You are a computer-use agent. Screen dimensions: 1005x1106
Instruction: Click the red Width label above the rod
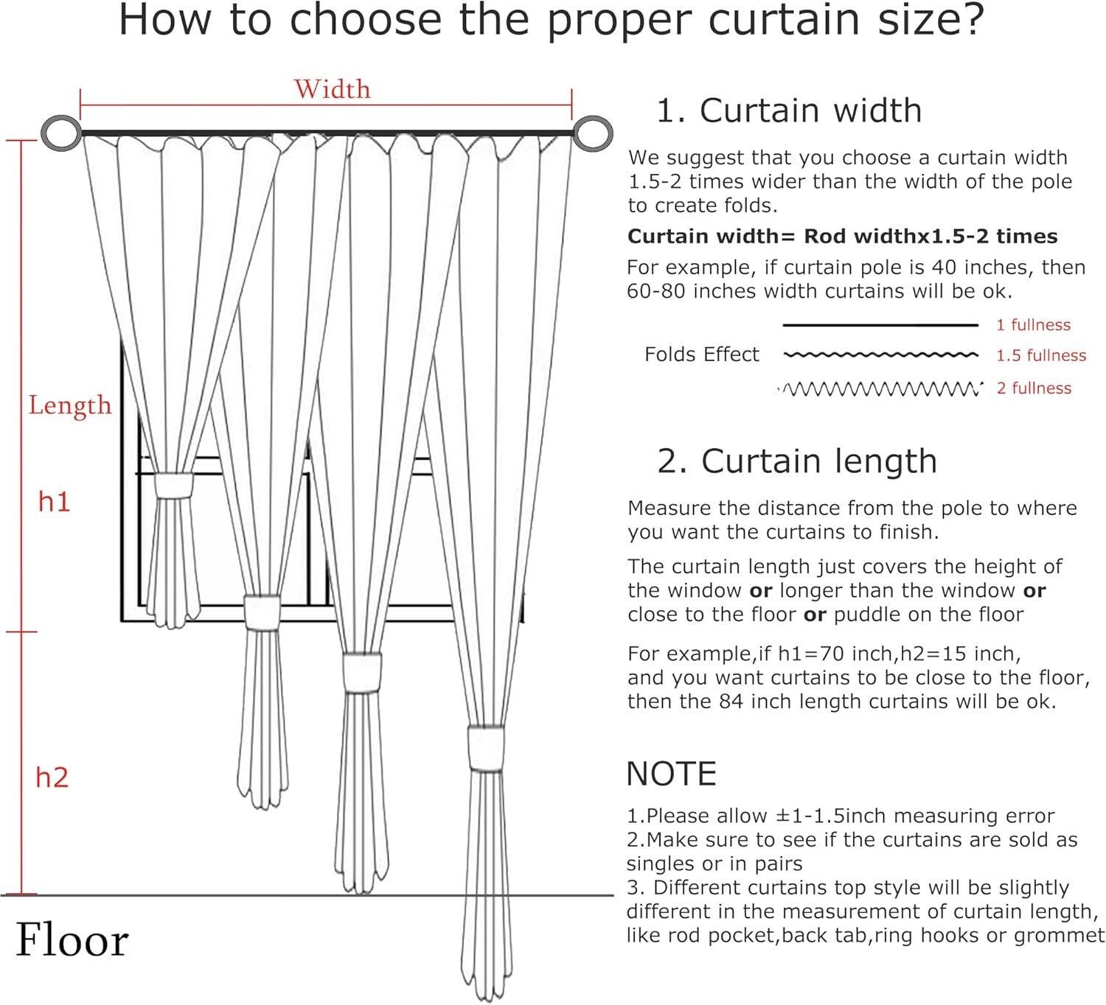pyautogui.click(x=332, y=89)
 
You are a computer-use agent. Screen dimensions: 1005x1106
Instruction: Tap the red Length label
pyautogui.click(x=69, y=405)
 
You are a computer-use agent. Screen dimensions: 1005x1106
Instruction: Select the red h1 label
pyautogui.click(x=54, y=502)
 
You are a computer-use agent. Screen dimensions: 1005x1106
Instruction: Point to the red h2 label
pyautogui.click(x=52, y=777)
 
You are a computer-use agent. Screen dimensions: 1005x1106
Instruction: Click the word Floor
pyautogui.click(x=72, y=941)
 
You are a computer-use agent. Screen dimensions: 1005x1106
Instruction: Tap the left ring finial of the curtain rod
pyautogui.click(x=61, y=133)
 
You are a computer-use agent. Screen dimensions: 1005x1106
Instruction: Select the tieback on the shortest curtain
pyautogui.click(x=173, y=486)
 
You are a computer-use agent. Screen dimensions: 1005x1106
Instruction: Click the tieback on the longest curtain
pyautogui.click(x=486, y=749)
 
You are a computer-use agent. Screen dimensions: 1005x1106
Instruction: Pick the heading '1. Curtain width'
pyautogui.click(x=788, y=111)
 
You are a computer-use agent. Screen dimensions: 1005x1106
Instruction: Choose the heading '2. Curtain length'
pyautogui.click(x=796, y=461)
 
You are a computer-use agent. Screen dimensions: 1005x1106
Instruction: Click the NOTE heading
pyautogui.click(x=671, y=774)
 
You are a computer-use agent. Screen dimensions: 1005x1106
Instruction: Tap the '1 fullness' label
pyautogui.click(x=1033, y=325)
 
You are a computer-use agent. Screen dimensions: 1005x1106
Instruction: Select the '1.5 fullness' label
pyautogui.click(x=1040, y=356)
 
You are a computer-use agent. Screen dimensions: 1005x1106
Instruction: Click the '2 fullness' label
pyautogui.click(x=1034, y=388)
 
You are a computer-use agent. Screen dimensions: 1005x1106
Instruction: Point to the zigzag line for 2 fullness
pyautogui.click(x=881, y=388)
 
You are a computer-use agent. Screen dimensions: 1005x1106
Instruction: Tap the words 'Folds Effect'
pyautogui.click(x=701, y=354)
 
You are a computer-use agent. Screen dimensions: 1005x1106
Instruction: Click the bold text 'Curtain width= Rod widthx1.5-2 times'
pyautogui.click(x=842, y=237)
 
